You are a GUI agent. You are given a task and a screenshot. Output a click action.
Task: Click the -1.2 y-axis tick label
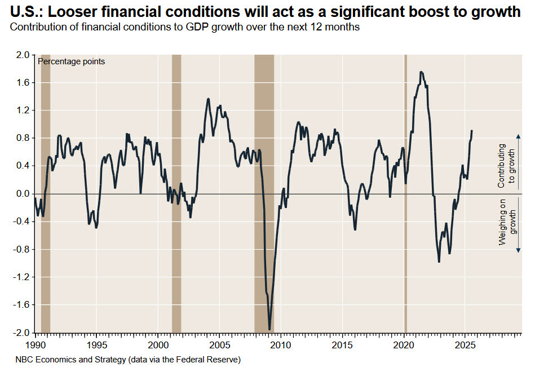tap(21, 277)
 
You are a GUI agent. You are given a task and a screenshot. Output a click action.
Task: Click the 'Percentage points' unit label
tap(71, 61)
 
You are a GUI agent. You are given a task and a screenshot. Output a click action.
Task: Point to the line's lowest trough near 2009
tap(269, 329)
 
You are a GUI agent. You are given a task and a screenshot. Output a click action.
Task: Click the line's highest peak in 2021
tap(421, 72)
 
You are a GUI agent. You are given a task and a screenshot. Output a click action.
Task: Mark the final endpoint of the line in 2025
tap(471, 131)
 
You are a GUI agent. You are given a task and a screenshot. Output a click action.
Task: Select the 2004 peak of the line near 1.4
tap(209, 99)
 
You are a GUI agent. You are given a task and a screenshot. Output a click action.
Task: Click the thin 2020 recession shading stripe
tap(405, 192)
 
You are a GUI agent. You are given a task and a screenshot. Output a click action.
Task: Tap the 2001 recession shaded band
tap(176, 192)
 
